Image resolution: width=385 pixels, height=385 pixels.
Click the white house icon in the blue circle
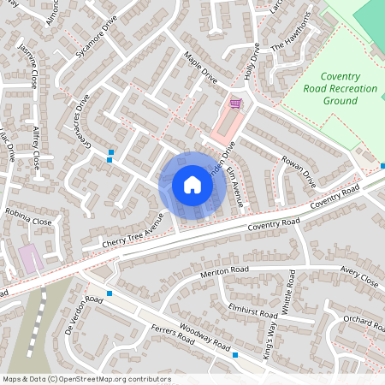coord(192,185)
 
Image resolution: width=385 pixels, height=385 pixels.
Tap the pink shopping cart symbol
coord(235,104)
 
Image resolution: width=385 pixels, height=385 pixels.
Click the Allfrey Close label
coord(38,148)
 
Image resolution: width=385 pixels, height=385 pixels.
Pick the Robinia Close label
coord(29,221)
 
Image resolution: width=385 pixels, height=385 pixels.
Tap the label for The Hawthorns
coord(287,36)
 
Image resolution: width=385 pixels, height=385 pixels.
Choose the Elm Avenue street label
coord(239,190)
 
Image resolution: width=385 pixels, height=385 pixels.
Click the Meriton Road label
coord(224,271)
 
